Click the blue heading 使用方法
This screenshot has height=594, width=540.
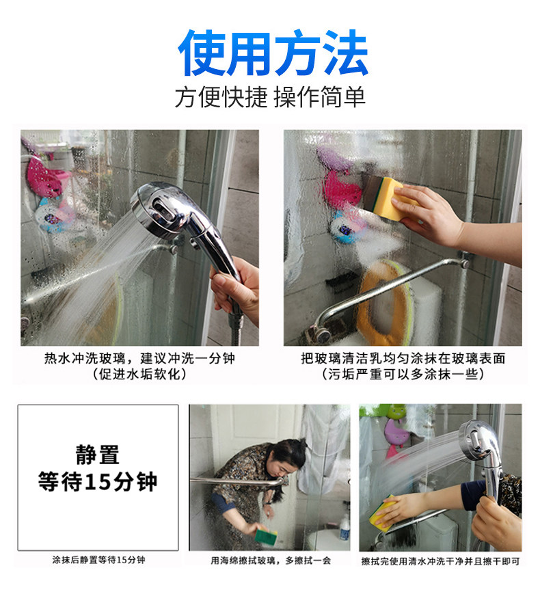pos(273,53)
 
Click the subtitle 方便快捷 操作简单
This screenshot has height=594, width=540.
pos(270,97)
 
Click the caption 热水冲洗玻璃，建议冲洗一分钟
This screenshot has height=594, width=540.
pos(139,358)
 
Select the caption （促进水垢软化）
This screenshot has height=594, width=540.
pos(140,375)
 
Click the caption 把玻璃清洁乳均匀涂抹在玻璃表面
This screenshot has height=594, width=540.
pos(403,358)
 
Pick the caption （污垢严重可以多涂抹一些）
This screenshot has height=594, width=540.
pos(403,375)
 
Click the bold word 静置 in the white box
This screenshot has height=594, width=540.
pos(98,455)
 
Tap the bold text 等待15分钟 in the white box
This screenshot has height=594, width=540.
pos(98,481)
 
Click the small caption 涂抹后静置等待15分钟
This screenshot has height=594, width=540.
pos(98,560)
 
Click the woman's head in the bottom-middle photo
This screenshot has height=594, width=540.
pos(288,457)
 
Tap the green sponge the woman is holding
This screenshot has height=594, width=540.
pos(266,536)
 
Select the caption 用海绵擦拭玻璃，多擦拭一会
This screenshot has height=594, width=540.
pos(271,561)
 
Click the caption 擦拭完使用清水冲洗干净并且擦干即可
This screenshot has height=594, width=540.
pos(440,561)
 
